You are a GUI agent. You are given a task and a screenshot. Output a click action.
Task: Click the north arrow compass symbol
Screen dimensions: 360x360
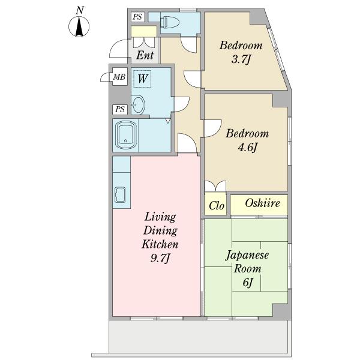coord(79,26)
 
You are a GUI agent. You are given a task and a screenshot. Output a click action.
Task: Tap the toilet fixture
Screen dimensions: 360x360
coord(169,22)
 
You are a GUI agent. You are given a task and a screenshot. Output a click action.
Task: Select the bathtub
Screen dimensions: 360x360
coord(125,135)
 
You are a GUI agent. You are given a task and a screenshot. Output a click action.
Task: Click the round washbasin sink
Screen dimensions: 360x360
coord(139,104)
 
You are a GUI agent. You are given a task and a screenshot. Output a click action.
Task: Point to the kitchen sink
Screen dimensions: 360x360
coord(120,195)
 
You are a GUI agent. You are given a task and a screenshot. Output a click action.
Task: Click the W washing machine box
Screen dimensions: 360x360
coord(142,79)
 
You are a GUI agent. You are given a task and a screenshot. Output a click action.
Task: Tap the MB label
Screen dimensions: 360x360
coord(119,77)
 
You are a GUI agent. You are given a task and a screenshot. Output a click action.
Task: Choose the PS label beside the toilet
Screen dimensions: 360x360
coord(137,17)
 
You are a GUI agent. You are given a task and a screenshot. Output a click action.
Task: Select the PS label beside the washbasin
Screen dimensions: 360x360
coord(120,109)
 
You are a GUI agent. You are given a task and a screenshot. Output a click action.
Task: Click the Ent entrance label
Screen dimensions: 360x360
coord(145,55)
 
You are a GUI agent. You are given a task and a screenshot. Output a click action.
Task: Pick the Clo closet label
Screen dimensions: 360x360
coord(216,205)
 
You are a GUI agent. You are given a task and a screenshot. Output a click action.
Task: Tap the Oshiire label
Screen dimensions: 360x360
coord(262,203)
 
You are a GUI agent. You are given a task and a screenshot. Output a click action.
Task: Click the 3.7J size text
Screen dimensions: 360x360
coord(241,59)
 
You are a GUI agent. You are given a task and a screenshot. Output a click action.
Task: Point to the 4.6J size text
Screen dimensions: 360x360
coord(247,148)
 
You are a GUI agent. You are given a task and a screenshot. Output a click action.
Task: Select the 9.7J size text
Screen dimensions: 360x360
coord(160,258)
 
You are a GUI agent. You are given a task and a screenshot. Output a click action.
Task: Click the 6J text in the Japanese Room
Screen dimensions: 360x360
coord(247,283)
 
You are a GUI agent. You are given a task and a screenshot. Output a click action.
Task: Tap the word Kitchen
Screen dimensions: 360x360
coord(160,244)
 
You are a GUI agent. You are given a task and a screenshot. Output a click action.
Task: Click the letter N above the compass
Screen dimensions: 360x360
coord(80,11)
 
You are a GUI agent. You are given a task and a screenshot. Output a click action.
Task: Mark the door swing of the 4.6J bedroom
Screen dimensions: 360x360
coord(213,128)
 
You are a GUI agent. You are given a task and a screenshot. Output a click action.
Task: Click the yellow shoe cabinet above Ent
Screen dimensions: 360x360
coord(144,31)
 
